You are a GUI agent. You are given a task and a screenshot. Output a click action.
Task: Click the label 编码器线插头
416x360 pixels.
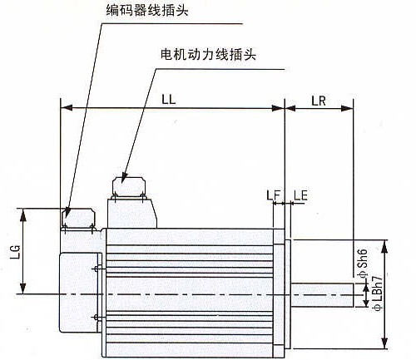[x=147, y=11]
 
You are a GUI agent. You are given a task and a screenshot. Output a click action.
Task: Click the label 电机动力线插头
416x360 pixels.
[x=208, y=54]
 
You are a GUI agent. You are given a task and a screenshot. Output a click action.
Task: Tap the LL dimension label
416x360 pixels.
[x=169, y=99]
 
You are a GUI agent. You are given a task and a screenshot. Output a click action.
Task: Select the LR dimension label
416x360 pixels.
[x=319, y=101]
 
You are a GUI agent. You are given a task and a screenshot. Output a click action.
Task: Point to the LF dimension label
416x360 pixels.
[x=274, y=195]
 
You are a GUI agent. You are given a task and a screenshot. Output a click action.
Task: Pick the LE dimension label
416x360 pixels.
[x=300, y=195]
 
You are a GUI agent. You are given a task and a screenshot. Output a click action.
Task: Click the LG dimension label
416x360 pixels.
[x=16, y=252]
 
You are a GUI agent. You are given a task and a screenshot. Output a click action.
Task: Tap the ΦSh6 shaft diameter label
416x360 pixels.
[x=363, y=263]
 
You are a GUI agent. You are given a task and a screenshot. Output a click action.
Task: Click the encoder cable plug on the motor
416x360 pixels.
[x=78, y=219]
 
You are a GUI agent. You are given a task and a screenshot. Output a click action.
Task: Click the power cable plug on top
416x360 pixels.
[x=129, y=187]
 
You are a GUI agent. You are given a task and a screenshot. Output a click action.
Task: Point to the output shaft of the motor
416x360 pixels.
[x=322, y=295]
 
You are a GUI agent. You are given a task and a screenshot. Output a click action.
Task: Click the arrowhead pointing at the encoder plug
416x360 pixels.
[x=67, y=213]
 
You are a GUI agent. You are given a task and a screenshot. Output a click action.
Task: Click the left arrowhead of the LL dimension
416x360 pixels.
[x=67, y=108]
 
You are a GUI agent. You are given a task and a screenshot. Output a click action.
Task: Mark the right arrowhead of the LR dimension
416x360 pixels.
[x=347, y=108]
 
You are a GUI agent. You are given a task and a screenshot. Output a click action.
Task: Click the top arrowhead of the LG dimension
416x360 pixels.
[x=23, y=215]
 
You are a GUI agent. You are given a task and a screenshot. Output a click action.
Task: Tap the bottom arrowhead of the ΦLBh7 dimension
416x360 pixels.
[x=384, y=343]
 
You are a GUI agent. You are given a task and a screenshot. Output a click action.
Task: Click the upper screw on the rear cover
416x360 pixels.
[x=97, y=269]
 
